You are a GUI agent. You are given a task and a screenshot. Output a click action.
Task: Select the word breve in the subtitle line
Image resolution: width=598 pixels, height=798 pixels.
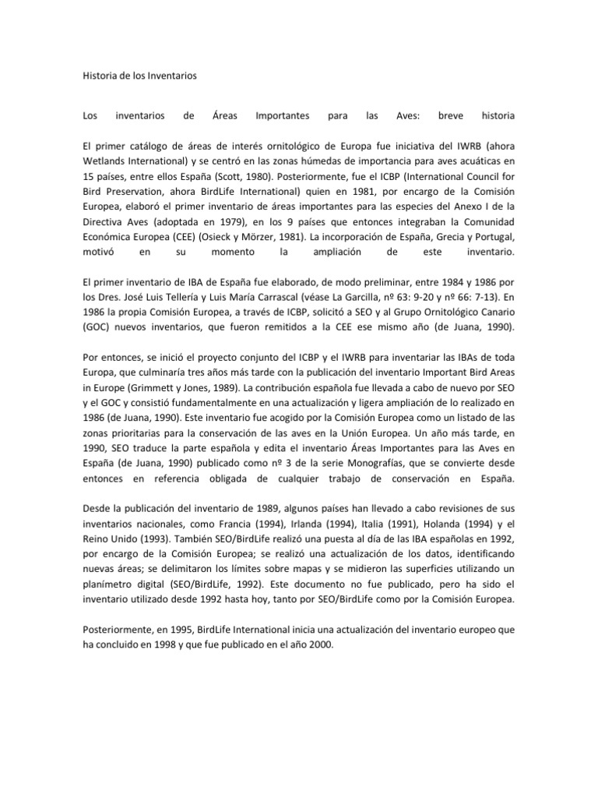pos(451,116)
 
